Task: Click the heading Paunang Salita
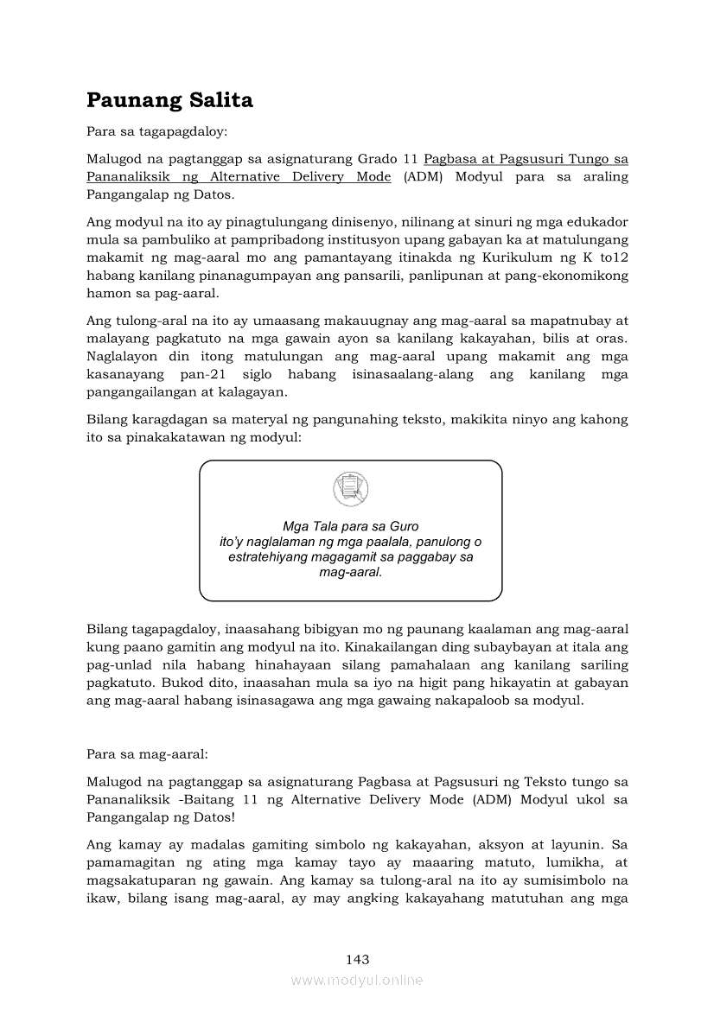[169, 100]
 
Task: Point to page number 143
[357, 959]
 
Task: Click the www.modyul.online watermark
[357, 981]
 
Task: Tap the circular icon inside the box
[350, 489]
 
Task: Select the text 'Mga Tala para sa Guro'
[351, 527]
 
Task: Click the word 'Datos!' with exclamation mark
[211, 816]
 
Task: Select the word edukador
[600, 222]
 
